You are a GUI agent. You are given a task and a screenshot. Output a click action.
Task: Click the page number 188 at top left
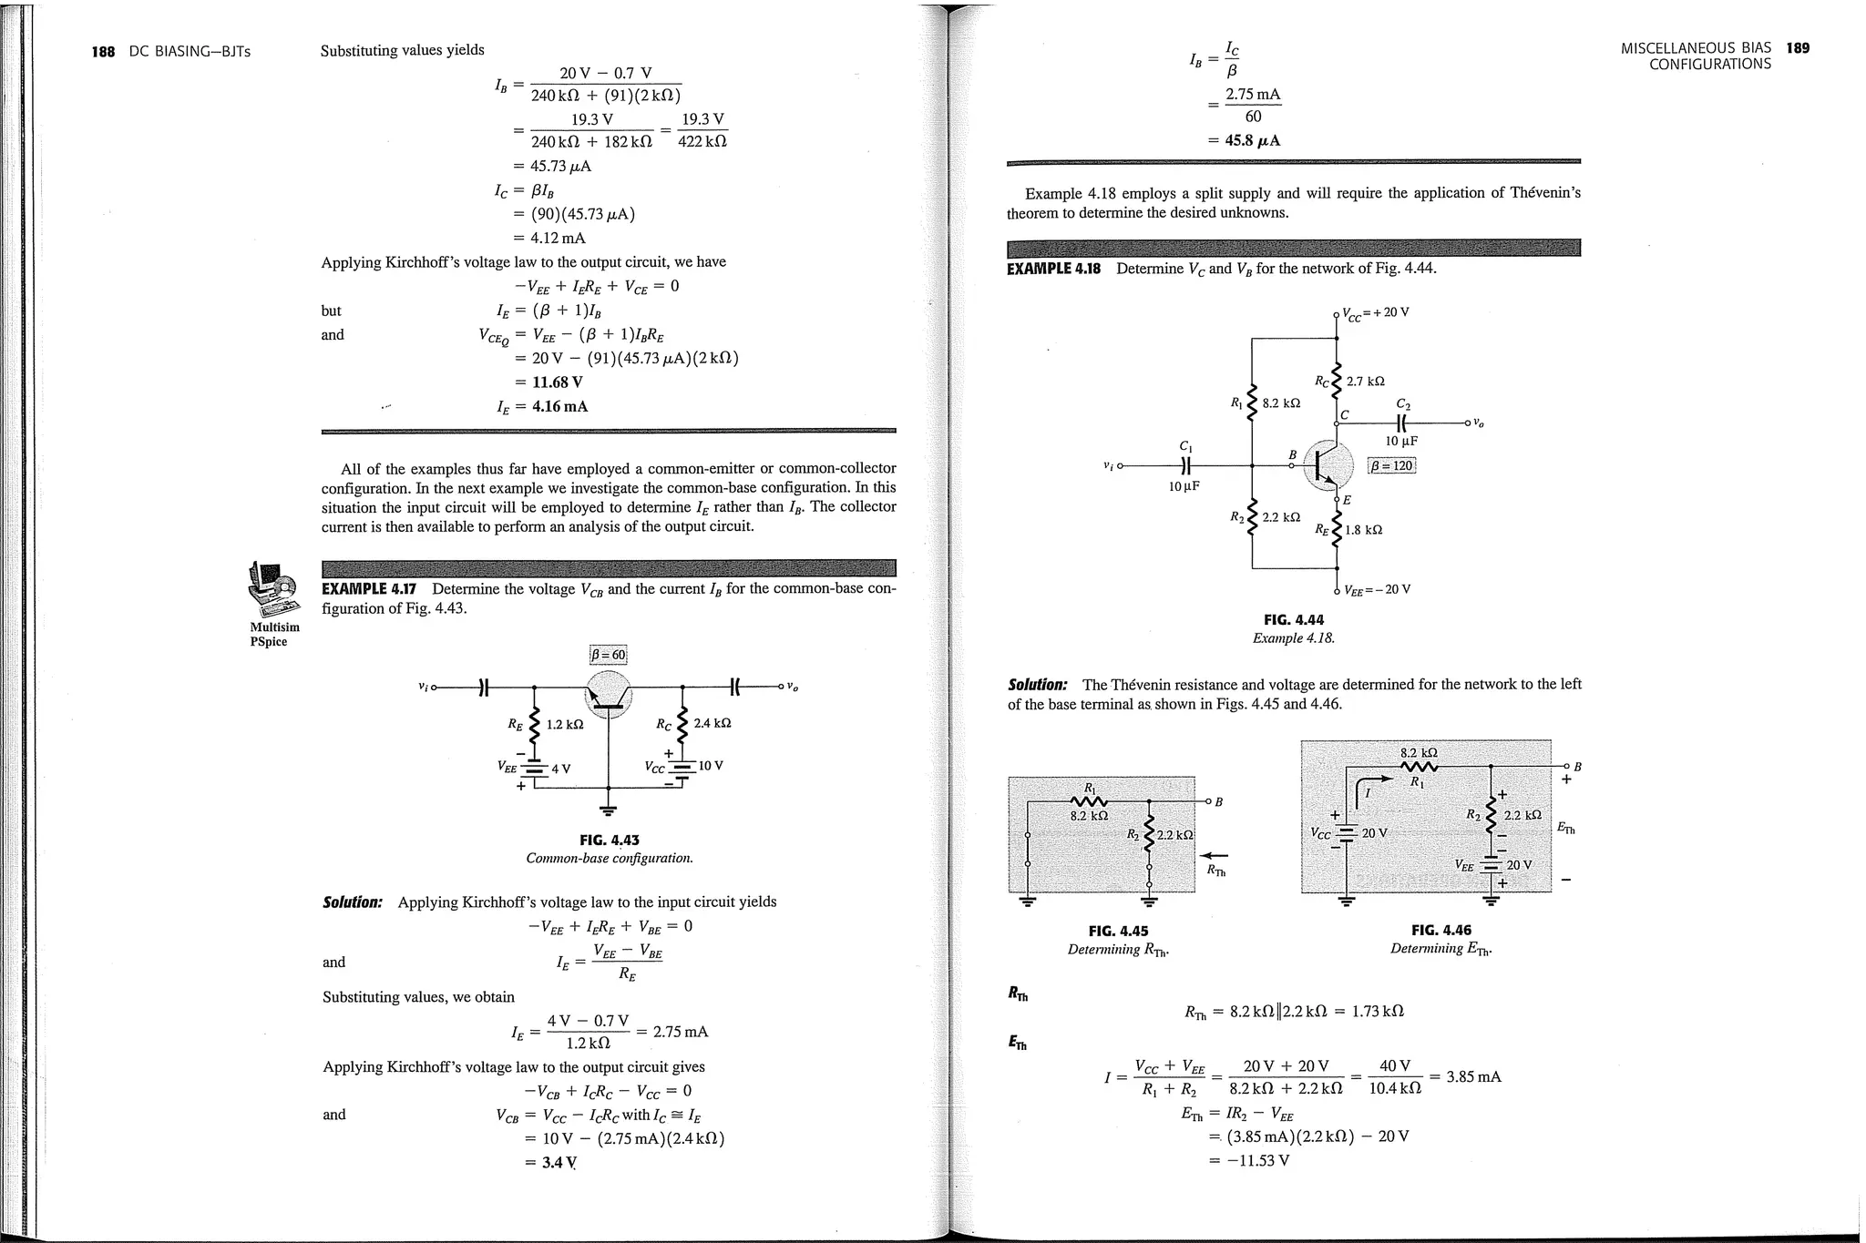click(x=103, y=51)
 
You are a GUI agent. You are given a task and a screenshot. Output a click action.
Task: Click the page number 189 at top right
click(x=1798, y=47)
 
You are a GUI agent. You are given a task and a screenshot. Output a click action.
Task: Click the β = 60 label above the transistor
click(x=609, y=655)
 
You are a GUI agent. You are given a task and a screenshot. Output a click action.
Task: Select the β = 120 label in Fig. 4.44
click(x=1392, y=466)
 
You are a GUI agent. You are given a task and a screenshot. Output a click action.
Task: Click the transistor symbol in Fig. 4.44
click(x=1329, y=465)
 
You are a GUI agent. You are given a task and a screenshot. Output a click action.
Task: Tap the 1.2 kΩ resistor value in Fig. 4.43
click(x=564, y=725)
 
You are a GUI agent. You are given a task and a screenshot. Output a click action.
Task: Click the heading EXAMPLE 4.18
click(x=1054, y=269)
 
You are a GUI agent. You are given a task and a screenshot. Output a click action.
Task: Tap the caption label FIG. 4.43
click(x=610, y=840)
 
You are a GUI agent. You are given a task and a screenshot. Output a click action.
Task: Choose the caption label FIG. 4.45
click(x=1118, y=931)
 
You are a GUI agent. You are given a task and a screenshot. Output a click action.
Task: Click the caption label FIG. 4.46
click(x=1441, y=930)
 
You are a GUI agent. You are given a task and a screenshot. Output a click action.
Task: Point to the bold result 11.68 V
click(x=557, y=382)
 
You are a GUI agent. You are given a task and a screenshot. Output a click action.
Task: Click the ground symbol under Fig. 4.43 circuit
click(x=609, y=810)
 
